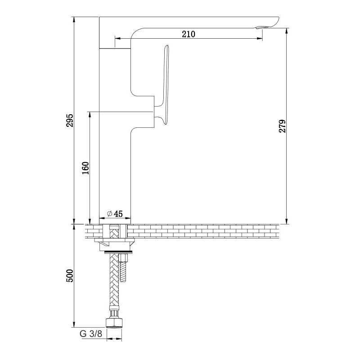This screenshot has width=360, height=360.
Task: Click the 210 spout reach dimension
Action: (189, 34)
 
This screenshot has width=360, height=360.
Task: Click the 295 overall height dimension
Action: (70, 120)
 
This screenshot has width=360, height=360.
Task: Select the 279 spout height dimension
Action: (283, 126)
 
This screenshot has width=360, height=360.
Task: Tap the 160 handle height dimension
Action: (85, 168)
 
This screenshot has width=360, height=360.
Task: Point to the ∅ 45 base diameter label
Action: (115, 214)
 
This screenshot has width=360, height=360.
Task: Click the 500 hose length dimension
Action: (70, 276)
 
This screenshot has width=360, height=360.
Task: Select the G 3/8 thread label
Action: (91, 333)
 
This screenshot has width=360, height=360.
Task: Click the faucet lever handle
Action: (163, 85)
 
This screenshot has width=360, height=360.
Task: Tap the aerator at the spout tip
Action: (260, 28)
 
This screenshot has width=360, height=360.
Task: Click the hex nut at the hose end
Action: (115, 323)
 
